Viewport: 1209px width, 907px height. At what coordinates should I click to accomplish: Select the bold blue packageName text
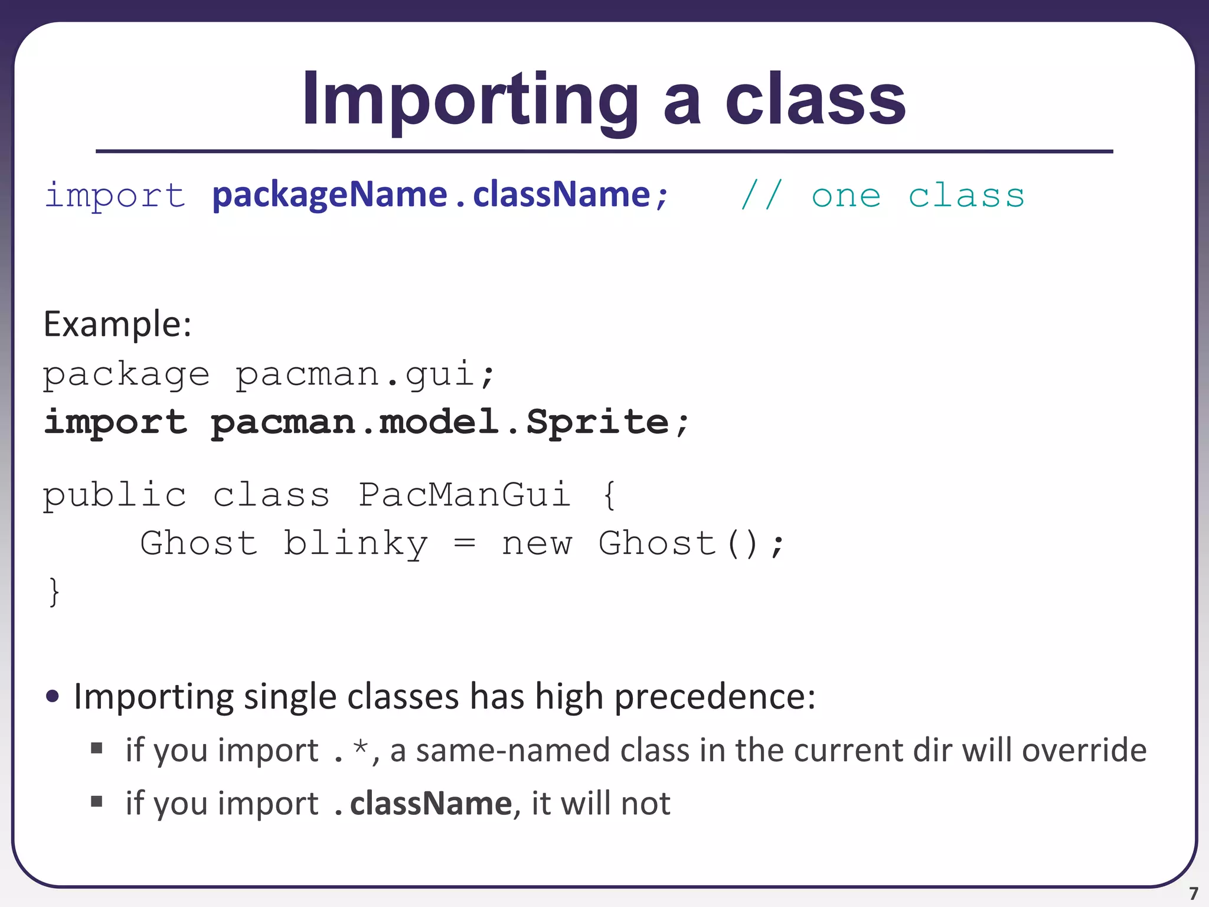(329, 195)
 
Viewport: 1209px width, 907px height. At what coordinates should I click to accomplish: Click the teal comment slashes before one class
(762, 195)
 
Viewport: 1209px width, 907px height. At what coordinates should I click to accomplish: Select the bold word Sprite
(597, 423)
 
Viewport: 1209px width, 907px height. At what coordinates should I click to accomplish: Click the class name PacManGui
(465, 495)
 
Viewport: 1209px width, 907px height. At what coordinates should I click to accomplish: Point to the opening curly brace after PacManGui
(610, 495)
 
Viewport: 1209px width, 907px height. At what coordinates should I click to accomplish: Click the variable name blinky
(355, 543)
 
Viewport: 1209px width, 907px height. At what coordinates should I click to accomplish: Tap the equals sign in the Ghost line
(465, 543)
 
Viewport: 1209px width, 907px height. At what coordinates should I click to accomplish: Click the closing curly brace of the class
(54, 592)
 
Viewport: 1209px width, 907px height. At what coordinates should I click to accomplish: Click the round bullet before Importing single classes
(53, 696)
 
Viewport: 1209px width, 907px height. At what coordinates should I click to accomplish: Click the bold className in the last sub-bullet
(431, 804)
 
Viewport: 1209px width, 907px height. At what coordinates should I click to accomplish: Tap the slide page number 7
(1194, 893)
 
